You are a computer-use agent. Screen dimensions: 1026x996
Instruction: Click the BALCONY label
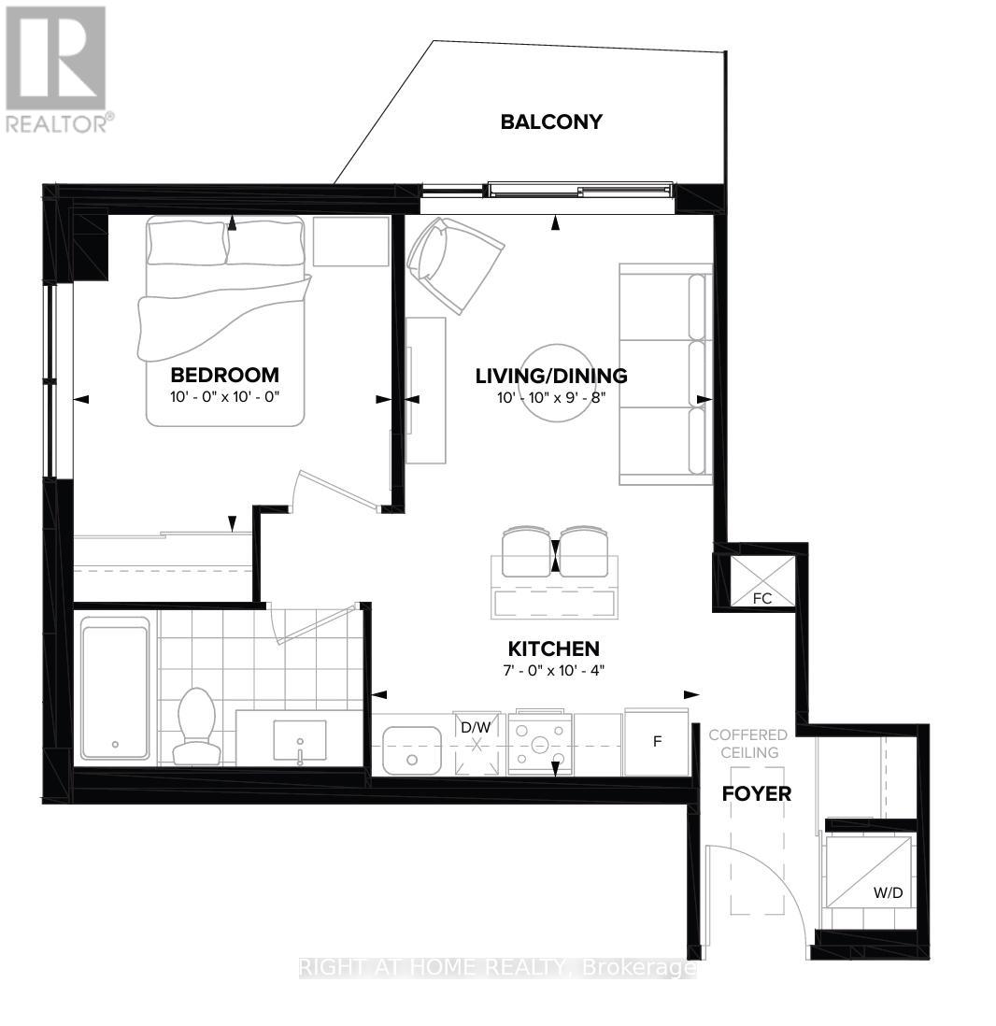pyautogui.click(x=550, y=121)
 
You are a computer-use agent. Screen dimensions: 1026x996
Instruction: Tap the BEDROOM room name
pyautogui.click(x=224, y=375)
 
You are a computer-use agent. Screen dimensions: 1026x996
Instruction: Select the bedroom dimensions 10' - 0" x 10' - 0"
pyautogui.click(x=224, y=396)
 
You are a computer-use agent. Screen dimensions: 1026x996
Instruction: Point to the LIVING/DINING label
pyautogui.click(x=551, y=376)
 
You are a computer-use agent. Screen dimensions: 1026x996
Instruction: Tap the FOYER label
pyautogui.click(x=757, y=794)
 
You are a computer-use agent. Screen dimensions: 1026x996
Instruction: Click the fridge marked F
pyautogui.click(x=657, y=742)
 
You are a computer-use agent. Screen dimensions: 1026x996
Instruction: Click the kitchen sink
pyautogui.click(x=412, y=749)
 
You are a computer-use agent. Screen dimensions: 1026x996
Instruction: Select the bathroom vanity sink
pyautogui.click(x=300, y=743)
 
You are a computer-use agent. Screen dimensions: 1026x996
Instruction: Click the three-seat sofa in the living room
pyautogui.click(x=665, y=374)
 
